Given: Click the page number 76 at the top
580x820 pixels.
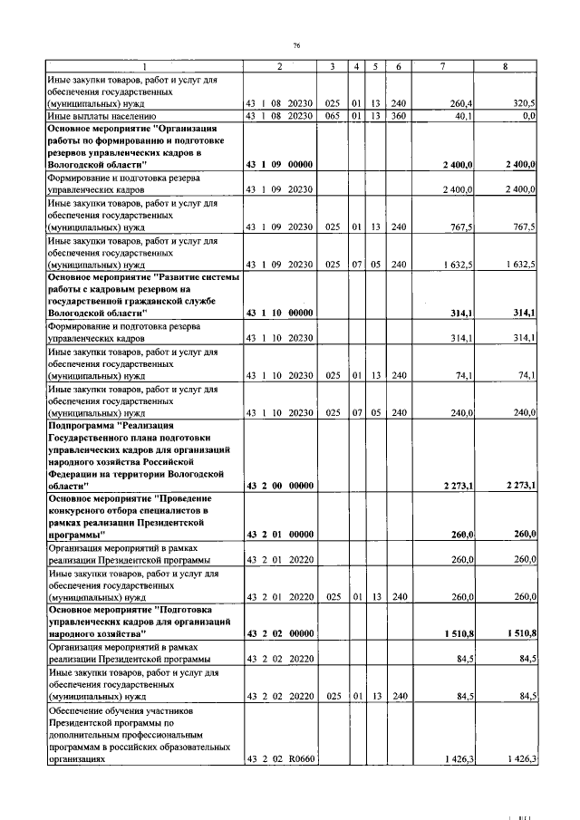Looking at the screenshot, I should [295, 45].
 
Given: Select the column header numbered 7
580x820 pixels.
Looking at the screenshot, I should [442, 66].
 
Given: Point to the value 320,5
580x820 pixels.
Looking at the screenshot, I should [524, 104].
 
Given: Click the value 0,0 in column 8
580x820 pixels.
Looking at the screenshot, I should [528, 117].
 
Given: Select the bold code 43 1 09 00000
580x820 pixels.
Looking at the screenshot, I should [279, 165].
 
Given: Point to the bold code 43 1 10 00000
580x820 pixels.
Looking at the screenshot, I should [279, 313].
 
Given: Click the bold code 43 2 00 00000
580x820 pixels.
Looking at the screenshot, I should [279, 486].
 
